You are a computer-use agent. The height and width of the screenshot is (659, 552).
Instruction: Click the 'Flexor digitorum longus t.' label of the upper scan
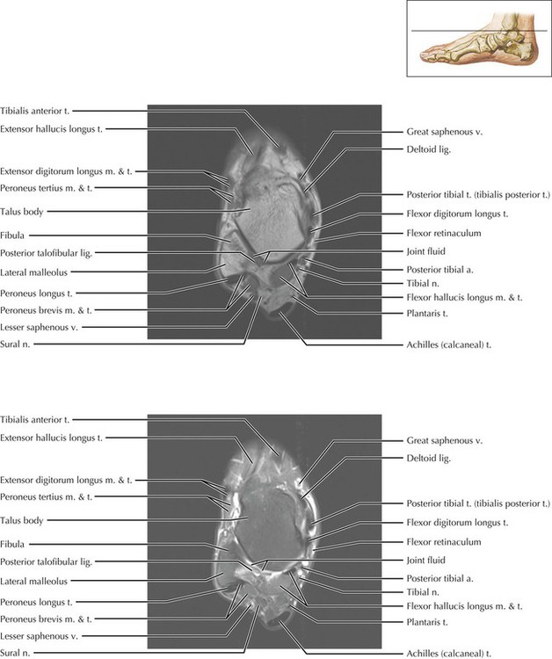[x=458, y=214]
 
